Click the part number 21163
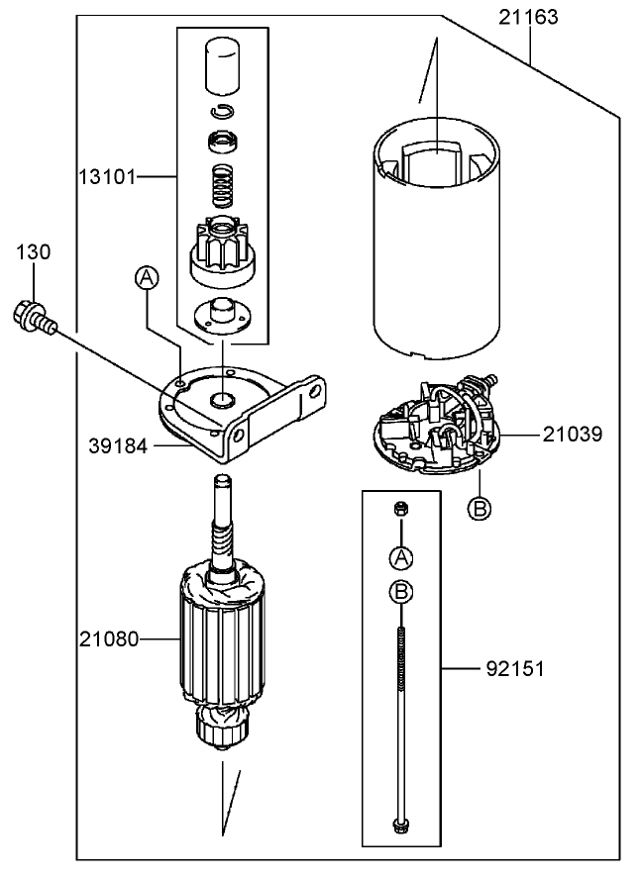click(x=528, y=17)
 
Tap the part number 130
click(x=33, y=253)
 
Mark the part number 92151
click(x=515, y=670)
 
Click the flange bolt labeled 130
click(x=33, y=316)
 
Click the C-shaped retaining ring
click(x=223, y=111)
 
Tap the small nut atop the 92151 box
click(x=401, y=509)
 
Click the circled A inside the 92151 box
click(x=401, y=556)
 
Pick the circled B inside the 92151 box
click(x=401, y=593)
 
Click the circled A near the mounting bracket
click(x=147, y=279)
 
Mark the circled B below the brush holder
click(x=480, y=508)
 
